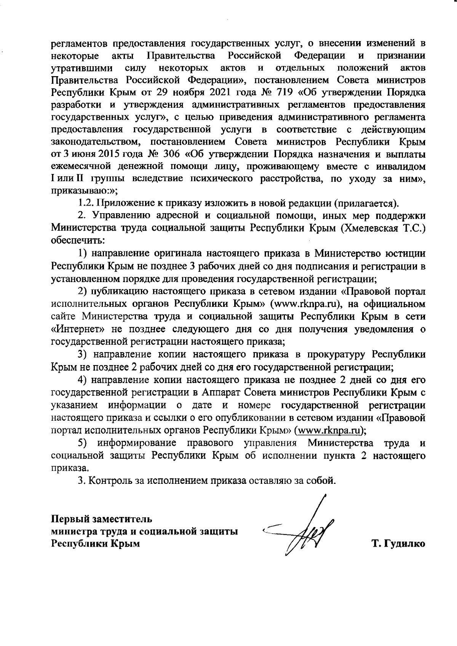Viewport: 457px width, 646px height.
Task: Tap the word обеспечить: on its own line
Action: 78,241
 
